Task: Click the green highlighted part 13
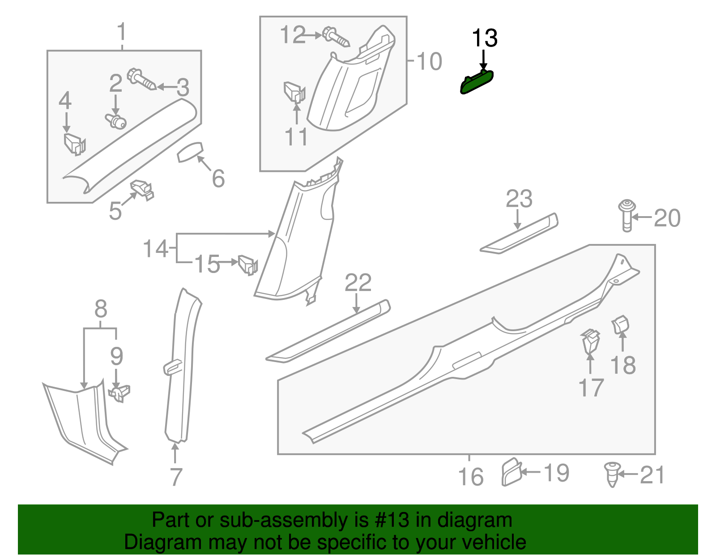tap(477, 82)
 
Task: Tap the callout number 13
tap(485, 38)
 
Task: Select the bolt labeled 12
tap(336, 38)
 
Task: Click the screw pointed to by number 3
tap(141, 81)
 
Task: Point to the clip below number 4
tap(74, 144)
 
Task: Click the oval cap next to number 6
tap(190, 152)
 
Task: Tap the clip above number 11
tap(294, 93)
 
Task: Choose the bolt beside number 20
tap(626, 216)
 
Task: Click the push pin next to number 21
tap(612, 474)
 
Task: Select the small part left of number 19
tap(511, 472)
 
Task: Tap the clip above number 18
tap(621, 324)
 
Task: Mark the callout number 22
tap(358, 283)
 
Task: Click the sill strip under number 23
tap(519, 234)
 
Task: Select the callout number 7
tap(176, 477)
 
